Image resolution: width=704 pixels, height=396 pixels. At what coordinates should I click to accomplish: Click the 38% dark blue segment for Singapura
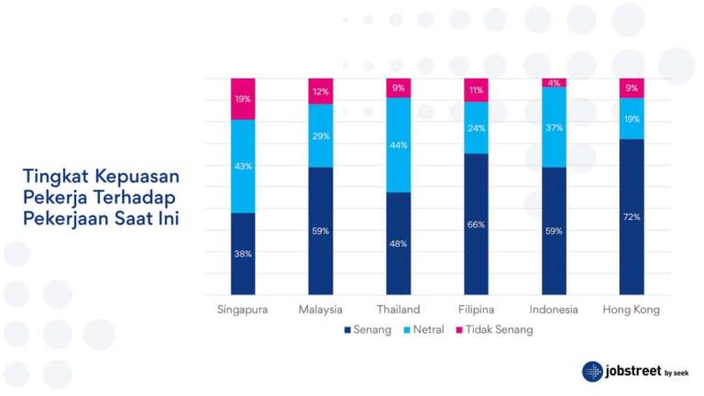point(243,254)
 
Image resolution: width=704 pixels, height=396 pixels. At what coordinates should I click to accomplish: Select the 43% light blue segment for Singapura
point(243,166)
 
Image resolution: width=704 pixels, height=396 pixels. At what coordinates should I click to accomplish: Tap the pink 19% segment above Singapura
point(243,99)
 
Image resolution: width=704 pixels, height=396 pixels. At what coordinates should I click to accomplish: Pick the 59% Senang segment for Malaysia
point(321,231)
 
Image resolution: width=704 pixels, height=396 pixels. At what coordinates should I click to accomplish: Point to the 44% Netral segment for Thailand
point(398,145)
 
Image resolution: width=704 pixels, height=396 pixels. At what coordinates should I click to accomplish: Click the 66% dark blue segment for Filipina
point(476,225)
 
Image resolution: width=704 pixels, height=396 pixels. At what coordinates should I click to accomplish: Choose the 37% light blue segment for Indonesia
point(554,127)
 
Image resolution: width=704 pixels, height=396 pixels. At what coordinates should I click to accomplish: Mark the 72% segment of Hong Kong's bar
point(632,217)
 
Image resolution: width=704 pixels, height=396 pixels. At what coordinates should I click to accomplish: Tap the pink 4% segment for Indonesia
point(554,82)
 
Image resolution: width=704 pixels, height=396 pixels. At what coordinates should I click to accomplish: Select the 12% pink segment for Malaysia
point(321,91)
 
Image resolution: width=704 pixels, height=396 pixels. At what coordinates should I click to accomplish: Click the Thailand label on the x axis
point(398,310)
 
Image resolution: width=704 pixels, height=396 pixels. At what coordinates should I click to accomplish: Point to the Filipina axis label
point(476,310)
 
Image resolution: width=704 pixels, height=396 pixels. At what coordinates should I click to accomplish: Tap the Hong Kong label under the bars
point(632,310)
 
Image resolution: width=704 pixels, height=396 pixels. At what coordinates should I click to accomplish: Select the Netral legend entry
point(429,330)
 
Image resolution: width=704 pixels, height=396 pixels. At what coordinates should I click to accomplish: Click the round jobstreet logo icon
point(592,371)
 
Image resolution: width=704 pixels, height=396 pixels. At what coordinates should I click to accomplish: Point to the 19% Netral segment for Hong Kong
point(632,118)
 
